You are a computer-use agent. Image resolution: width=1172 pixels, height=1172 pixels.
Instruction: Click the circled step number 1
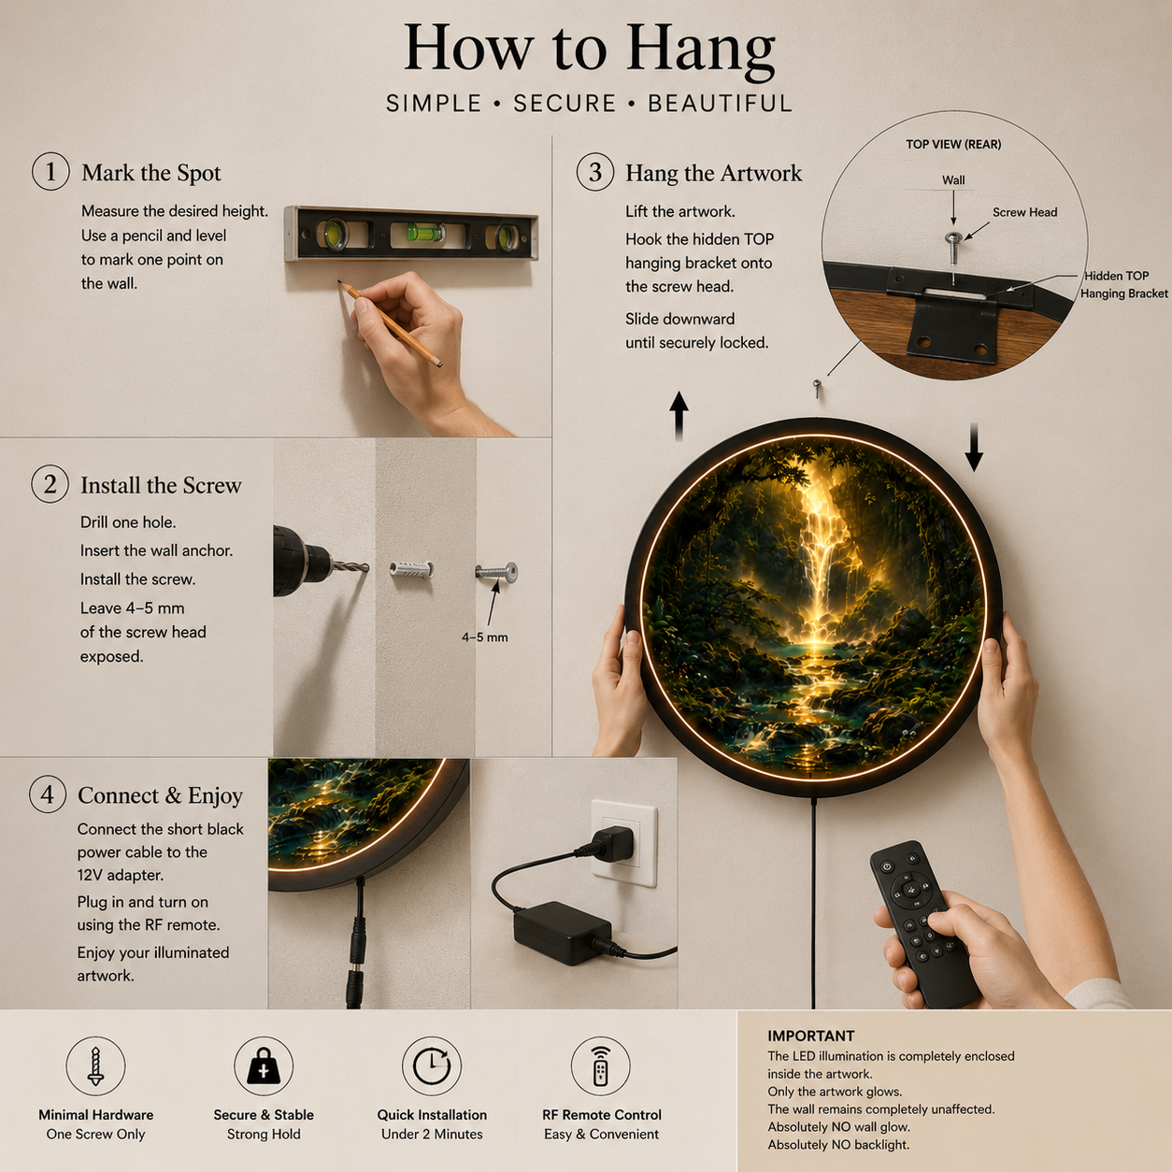click(50, 172)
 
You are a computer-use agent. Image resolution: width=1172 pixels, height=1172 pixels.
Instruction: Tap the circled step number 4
click(48, 794)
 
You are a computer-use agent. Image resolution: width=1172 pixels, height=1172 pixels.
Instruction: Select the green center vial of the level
click(417, 232)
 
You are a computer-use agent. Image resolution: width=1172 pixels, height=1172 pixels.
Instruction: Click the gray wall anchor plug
click(411, 570)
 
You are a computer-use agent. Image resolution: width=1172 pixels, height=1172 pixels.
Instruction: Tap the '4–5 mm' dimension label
click(484, 637)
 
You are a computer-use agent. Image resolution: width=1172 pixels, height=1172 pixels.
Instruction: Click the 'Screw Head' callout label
click(1025, 212)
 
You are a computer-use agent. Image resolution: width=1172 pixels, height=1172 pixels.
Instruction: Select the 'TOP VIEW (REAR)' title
click(953, 144)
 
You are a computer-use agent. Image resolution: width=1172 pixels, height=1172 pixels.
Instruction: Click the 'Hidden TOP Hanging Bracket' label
click(1123, 285)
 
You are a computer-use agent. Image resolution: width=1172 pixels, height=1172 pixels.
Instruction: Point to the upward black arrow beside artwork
click(679, 416)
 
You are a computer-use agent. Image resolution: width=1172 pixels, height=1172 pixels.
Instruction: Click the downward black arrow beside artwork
click(974, 447)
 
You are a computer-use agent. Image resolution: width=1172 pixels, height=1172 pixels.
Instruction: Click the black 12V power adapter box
click(562, 933)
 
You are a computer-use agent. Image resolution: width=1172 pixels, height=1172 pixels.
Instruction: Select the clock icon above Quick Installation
click(431, 1066)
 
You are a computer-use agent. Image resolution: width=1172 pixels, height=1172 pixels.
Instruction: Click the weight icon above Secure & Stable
click(264, 1065)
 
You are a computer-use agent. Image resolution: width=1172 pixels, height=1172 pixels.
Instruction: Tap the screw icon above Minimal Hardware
click(95, 1066)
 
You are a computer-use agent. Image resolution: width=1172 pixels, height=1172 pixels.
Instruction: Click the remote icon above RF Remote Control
click(600, 1066)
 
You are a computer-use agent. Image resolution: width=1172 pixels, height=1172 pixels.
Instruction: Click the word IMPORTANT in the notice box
click(810, 1036)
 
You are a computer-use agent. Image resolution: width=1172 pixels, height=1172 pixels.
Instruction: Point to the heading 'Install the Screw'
click(161, 485)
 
